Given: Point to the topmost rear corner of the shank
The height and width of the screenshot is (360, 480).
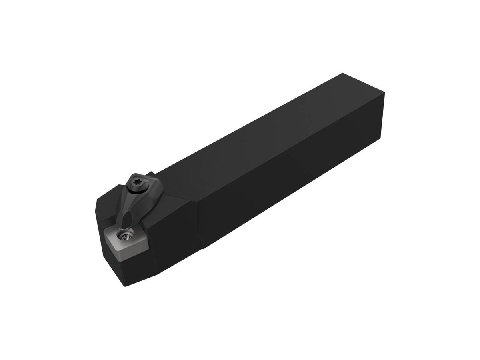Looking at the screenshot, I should (x=342, y=73).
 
